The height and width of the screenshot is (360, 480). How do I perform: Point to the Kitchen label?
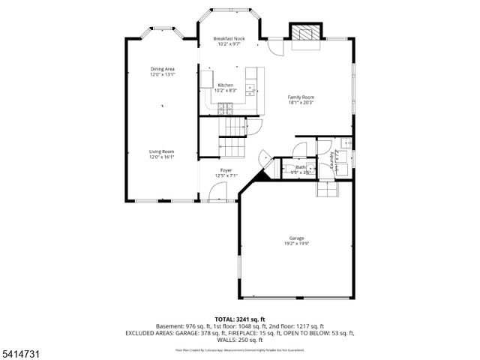click(225, 85)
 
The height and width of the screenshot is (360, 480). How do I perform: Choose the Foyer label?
click(226, 171)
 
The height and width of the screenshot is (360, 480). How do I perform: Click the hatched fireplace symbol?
click(304, 34)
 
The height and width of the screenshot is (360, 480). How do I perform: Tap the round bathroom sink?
click(286, 168)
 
